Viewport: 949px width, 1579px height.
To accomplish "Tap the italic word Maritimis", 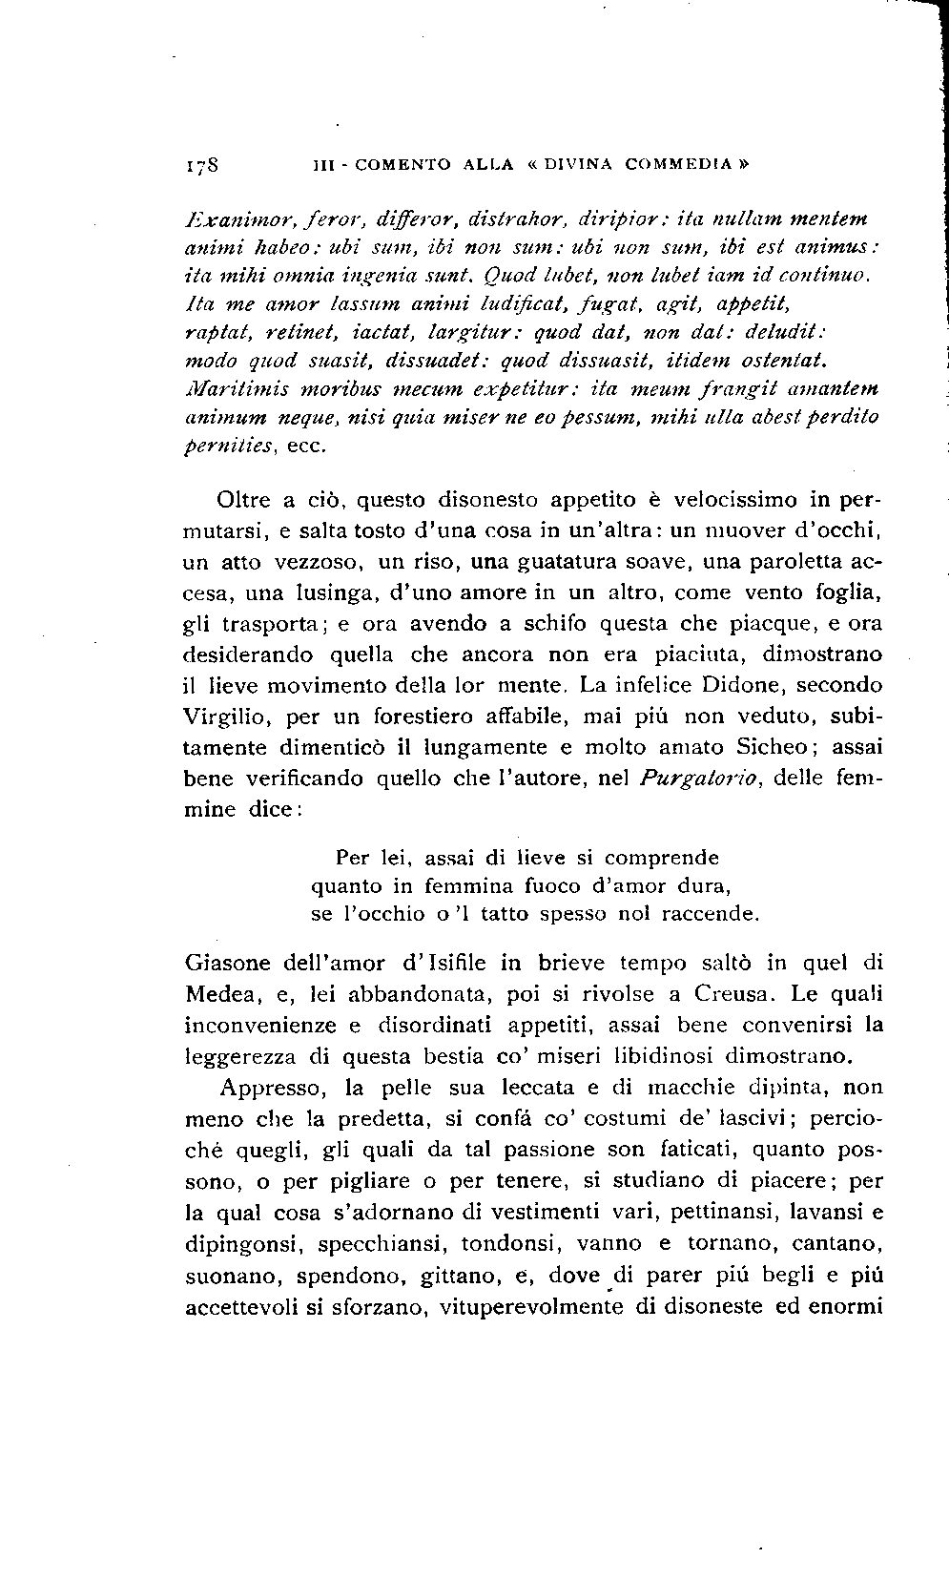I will click(x=232, y=389).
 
